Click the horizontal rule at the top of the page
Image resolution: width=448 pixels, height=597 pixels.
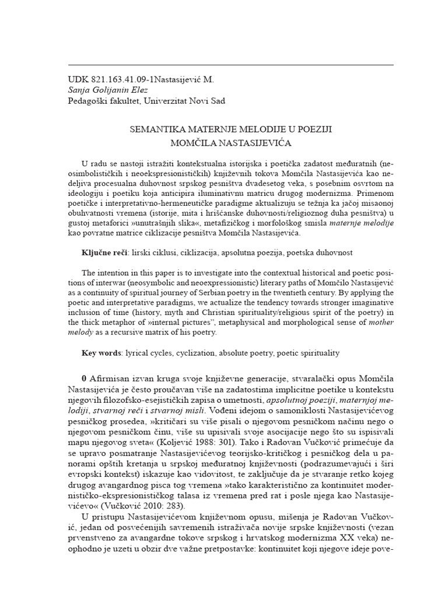coord(231,65)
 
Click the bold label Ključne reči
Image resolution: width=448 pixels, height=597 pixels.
coord(104,252)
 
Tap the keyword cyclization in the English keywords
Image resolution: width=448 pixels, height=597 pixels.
coord(197,353)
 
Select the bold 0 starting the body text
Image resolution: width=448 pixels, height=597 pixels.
coord(84,375)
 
